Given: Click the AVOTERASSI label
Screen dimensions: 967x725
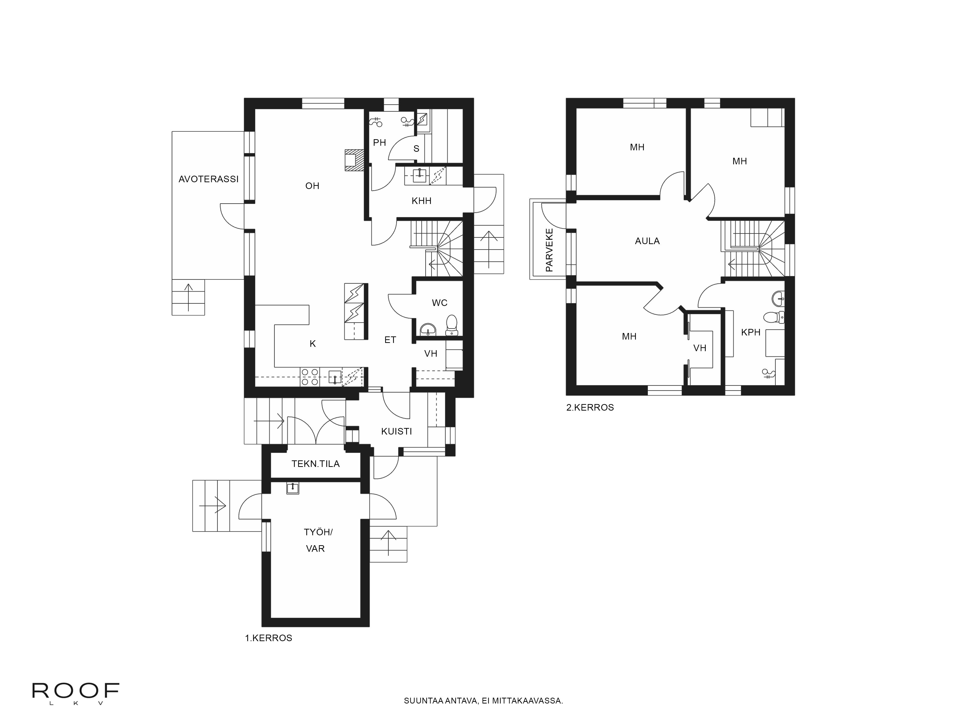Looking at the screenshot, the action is point(209,179).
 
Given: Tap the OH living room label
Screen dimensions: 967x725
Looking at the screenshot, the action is point(312,186).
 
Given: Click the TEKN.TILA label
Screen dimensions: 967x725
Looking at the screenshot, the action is point(316,464).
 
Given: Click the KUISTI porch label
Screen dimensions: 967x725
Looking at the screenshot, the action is point(396,431).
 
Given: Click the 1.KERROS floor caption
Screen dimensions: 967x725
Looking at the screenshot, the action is point(268,638).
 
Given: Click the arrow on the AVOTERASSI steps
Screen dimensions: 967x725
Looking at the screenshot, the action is point(188,297).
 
